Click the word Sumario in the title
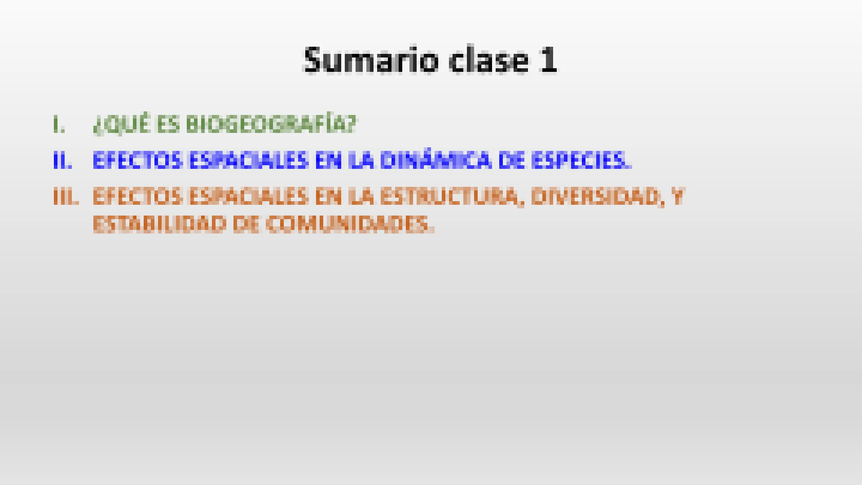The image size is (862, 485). (371, 60)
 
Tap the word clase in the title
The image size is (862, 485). (489, 60)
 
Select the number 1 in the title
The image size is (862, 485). (548, 60)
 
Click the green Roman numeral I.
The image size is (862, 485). (59, 125)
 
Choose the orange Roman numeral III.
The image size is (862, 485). (66, 197)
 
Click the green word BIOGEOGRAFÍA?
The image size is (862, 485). (271, 124)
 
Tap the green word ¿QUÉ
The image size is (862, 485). (121, 125)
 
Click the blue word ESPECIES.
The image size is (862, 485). (581, 161)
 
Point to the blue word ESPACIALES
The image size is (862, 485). (249, 161)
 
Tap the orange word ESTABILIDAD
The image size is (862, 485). (159, 224)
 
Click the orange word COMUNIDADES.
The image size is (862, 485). (350, 224)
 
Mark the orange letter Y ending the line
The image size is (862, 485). (677, 197)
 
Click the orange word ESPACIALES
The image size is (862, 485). (249, 197)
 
